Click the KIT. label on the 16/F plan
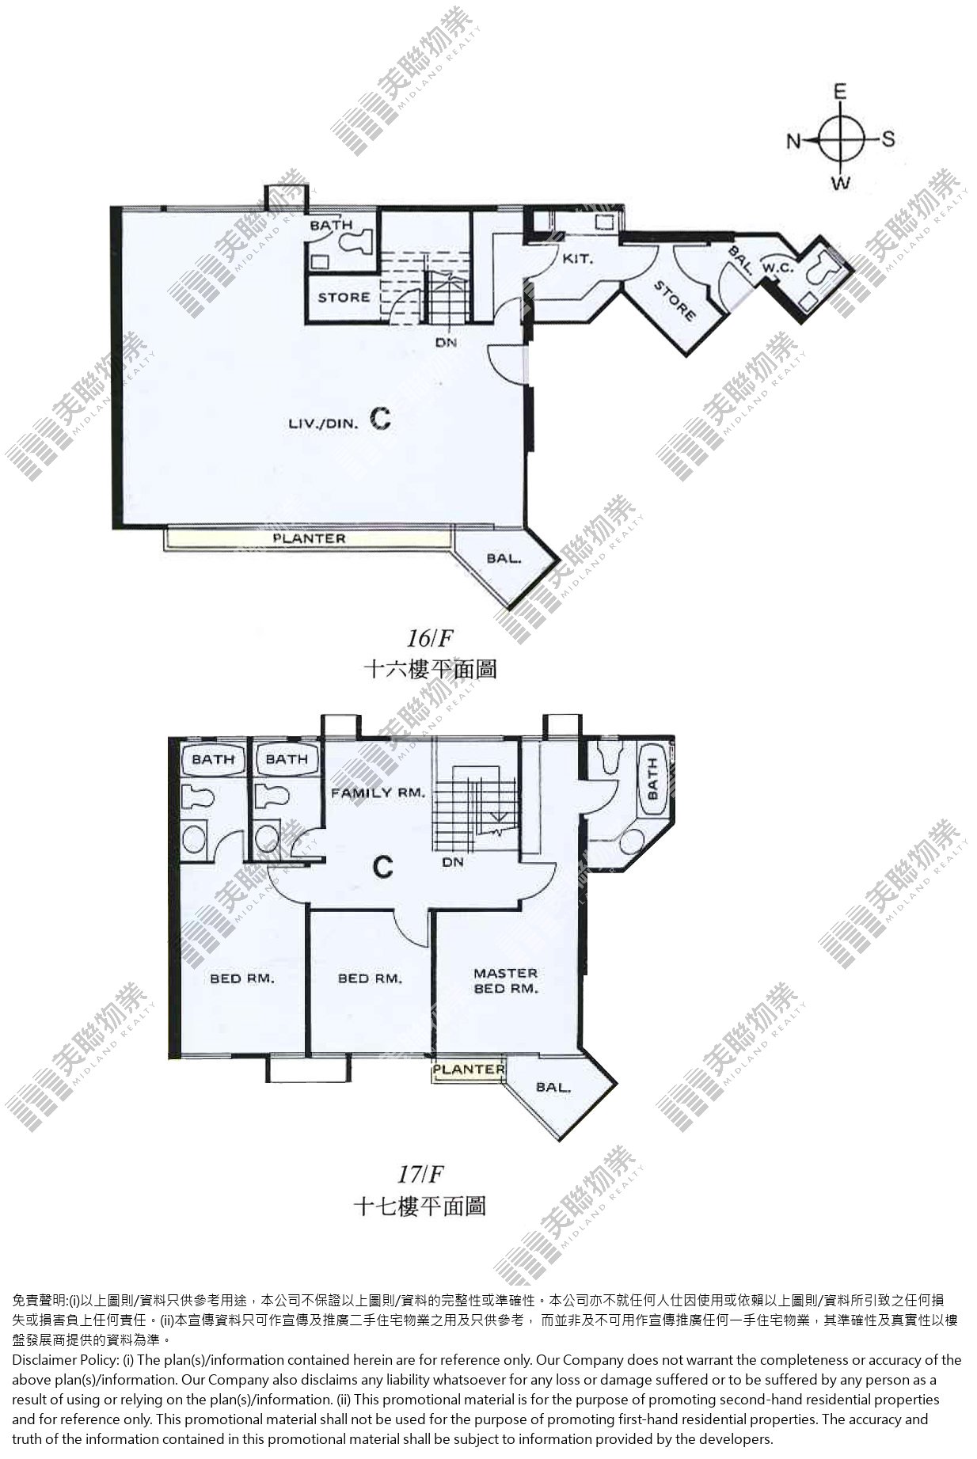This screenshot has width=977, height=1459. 578,258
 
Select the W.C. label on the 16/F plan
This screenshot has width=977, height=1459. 777,268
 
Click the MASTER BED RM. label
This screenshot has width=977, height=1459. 505,981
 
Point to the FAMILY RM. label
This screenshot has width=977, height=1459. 378,792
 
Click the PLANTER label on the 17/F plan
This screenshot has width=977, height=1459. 469,1069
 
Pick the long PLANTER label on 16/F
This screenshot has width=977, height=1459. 309,538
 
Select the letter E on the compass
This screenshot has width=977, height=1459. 840,92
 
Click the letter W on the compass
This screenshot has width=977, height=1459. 841,184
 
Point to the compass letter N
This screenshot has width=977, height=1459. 793,141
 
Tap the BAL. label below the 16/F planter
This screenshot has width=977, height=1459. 504,558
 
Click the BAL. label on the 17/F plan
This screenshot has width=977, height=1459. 553,1087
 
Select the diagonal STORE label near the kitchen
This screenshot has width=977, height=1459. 675,300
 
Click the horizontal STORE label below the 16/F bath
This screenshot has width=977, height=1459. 344,298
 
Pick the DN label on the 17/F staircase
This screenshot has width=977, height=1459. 453,862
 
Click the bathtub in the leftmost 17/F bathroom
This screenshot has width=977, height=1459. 212,759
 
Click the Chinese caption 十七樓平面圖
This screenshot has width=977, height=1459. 419,1206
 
